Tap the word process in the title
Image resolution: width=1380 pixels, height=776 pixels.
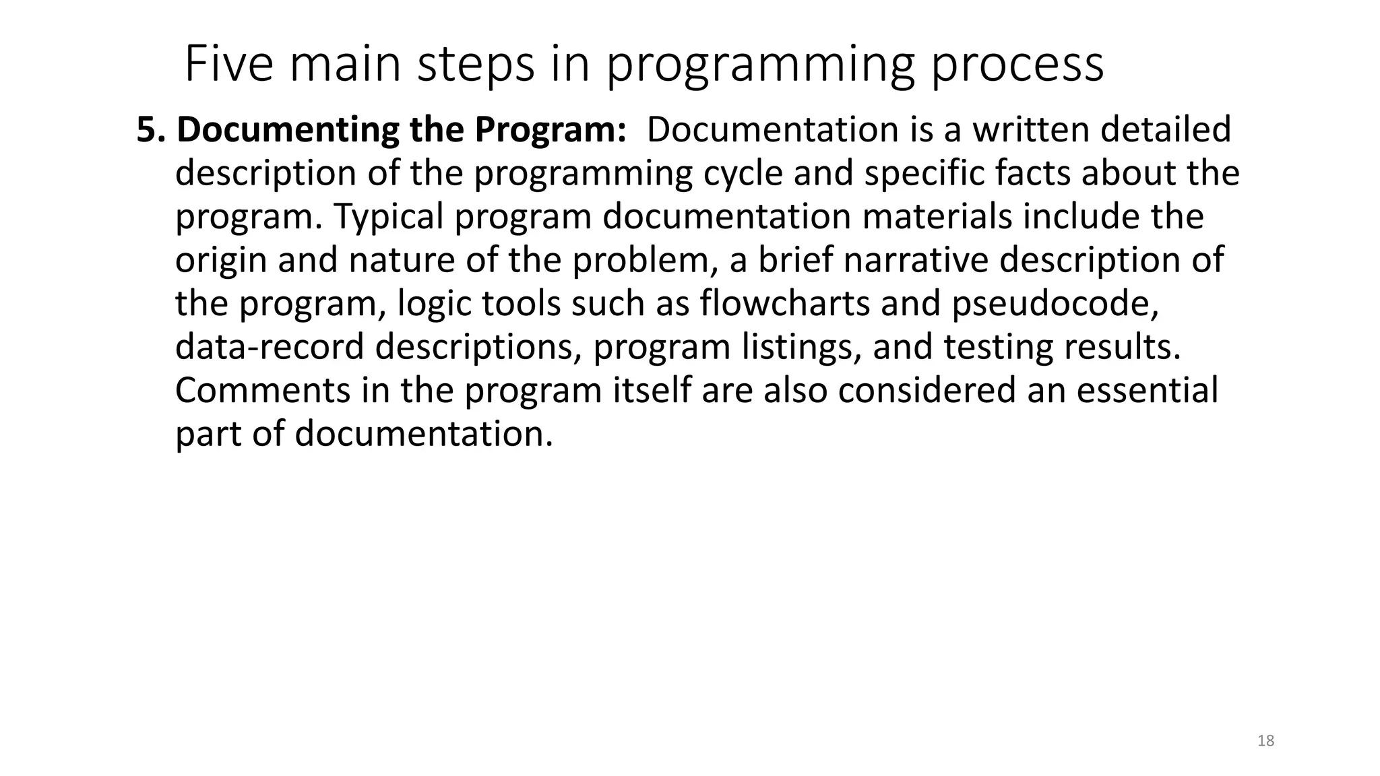click(1017, 65)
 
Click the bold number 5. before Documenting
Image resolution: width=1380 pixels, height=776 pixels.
click(151, 129)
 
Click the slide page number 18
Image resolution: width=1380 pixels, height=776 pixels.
click(1266, 741)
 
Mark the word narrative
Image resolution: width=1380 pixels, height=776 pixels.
click(916, 260)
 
